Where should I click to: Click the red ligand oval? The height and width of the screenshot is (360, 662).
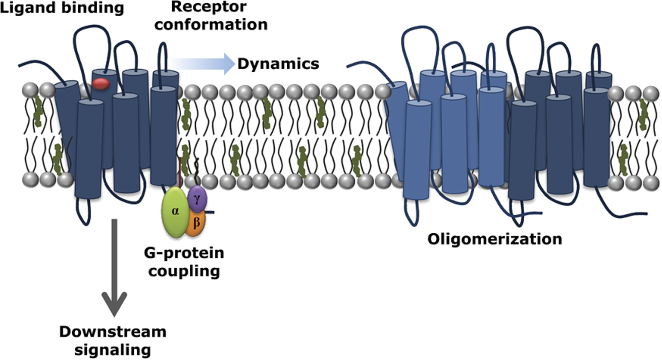[101, 84]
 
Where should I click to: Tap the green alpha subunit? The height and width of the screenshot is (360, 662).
[175, 212]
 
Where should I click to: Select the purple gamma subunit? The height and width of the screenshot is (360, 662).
[197, 198]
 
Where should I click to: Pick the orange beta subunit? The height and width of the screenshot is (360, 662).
[195, 224]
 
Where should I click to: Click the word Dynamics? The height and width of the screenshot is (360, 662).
[278, 64]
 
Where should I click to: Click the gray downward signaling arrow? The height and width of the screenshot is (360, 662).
[114, 268]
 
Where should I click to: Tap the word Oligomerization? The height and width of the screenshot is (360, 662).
[495, 239]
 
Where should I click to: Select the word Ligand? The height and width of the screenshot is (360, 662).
[28, 8]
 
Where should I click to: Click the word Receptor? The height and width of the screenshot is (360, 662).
[209, 7]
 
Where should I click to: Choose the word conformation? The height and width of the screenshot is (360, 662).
[211, 24]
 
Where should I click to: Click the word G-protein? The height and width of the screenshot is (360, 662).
[184, 253]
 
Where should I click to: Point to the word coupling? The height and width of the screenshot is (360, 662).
[184, 271]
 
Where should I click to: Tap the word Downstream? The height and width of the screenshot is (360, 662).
[113, 332]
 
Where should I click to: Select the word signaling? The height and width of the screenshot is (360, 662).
[113, 350]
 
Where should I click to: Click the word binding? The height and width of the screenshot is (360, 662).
[92, 8]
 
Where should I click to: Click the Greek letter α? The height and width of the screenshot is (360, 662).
[175, 211]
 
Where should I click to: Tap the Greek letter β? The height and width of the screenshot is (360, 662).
[196, 222]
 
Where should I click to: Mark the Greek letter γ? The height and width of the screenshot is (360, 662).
[197, 198]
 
